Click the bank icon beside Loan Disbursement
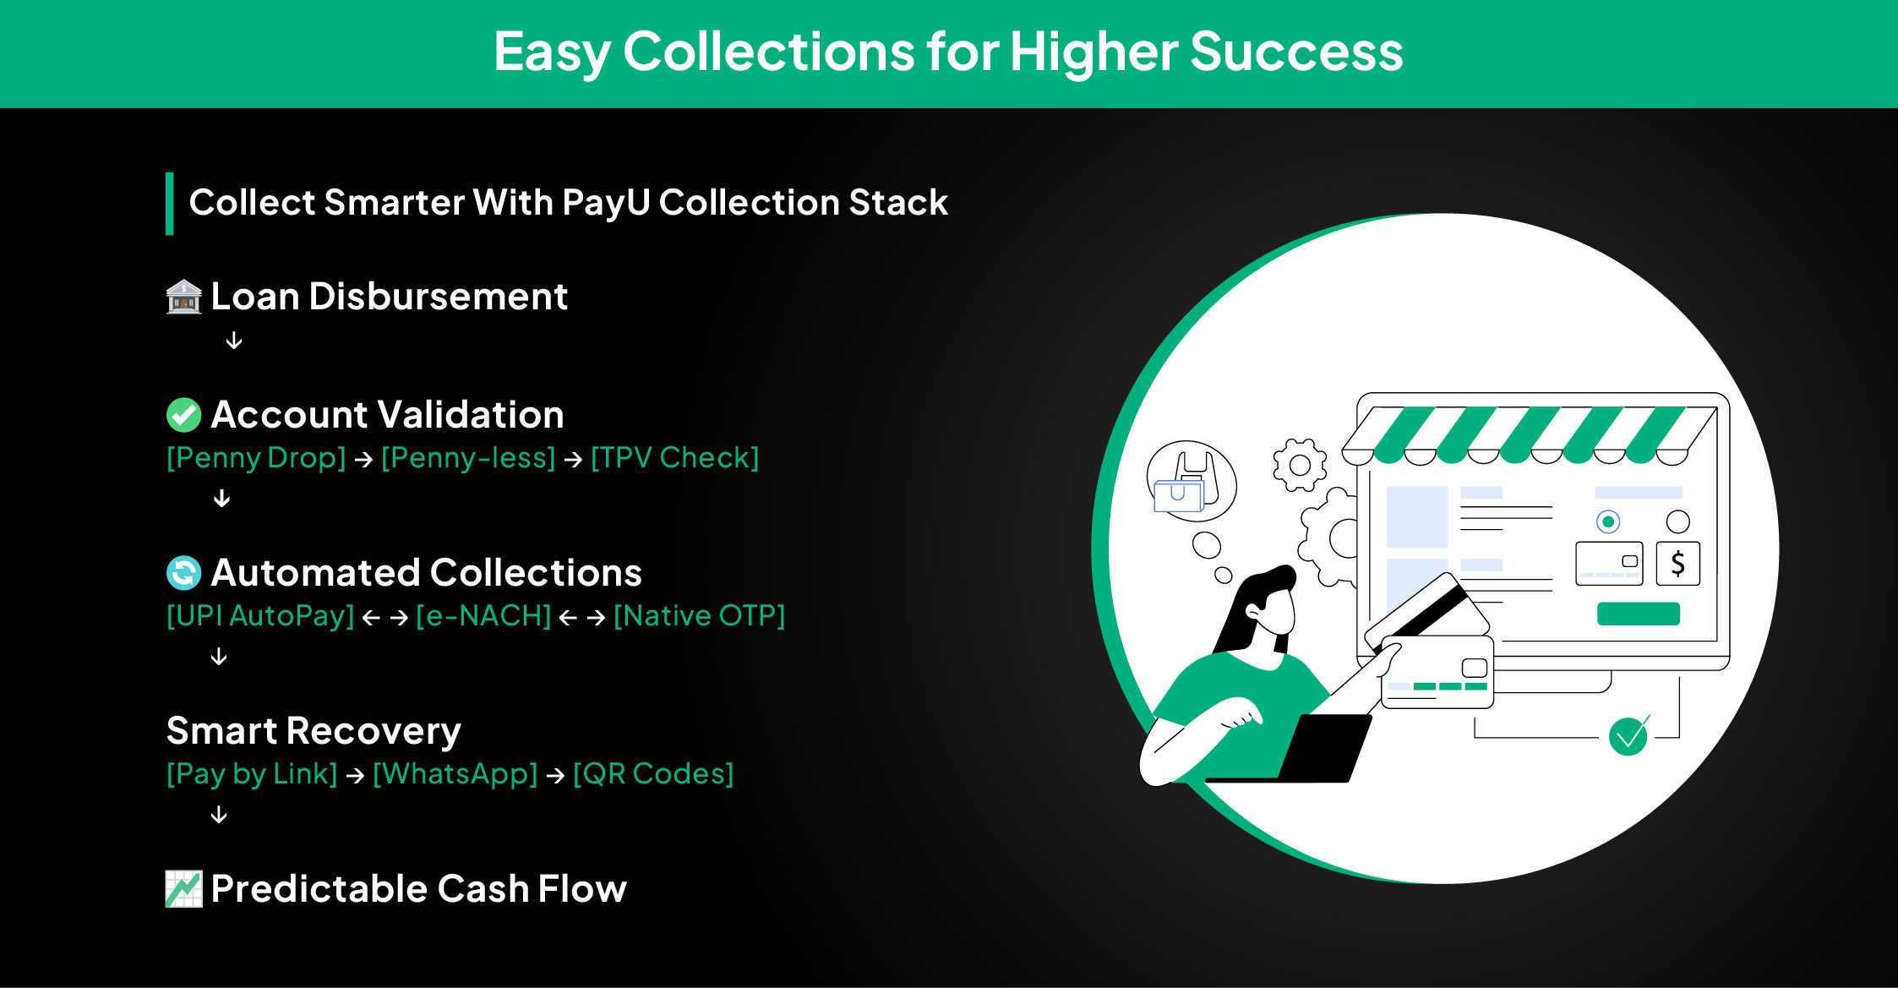[x=183, y=297]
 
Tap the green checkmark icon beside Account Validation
[x=183, y=415]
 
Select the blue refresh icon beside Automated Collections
[x=183, y=573]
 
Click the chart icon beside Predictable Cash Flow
[x=183, y=889]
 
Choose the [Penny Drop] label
[x=256, y=458]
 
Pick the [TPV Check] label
[x=674, y=458]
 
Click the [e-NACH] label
[x=483, y=616]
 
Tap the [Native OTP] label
[x=699, y=616]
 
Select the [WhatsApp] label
[x=455, y=774]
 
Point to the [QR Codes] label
[x=653, y=774]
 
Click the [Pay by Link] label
[x=252, y=774]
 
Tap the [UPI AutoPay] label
[x=260, y=616]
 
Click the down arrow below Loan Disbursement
[x=234, y=341]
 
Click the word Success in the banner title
[x=1296, y=52]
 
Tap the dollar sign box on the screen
[x=1677, y=564]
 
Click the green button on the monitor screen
[x=1638, y=614]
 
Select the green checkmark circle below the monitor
[x=1628, y=736]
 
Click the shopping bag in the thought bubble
[x=1188, y=483]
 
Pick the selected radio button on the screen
[x=1608, y=521]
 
